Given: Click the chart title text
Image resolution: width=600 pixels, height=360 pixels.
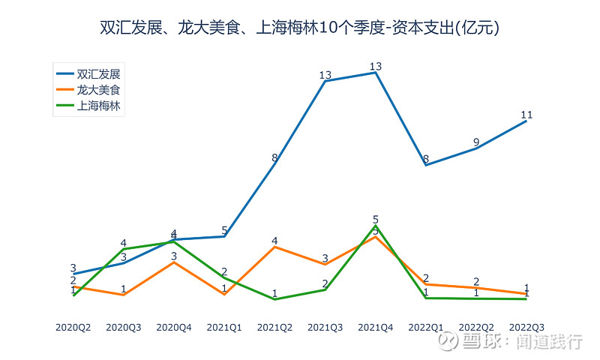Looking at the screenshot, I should click(x=300, y=28).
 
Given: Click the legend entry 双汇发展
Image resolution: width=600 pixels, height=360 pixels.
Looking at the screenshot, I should click(x=98, y=73).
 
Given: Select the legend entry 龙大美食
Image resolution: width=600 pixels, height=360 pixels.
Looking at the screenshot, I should click(x=98, y=89).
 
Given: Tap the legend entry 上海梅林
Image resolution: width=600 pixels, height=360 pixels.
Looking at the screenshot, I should click(x=98, y=105).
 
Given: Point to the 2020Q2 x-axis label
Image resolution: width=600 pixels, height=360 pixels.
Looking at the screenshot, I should click(x=73, y=328).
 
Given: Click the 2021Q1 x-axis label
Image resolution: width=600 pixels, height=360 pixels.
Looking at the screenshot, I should click(x=224, y=328).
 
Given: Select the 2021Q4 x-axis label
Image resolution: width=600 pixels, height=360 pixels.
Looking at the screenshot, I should click(x=376, y=328).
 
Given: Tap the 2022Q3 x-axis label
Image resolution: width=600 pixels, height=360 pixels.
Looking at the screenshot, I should click(x=526, y=328).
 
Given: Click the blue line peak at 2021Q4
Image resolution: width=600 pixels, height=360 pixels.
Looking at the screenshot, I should click(x=376, y=73).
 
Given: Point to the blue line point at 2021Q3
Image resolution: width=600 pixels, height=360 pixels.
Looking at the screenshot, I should click(x=325, y=81).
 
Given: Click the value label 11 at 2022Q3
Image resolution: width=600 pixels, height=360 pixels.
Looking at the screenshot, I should click(x=526, y=115).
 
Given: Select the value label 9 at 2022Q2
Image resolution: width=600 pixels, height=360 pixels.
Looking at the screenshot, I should click(x=476, y=142).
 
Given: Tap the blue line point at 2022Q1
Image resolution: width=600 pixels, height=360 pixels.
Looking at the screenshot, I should click(x=426, y=165).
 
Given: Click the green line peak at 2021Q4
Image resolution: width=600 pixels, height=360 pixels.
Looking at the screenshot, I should click(x=376, y=226).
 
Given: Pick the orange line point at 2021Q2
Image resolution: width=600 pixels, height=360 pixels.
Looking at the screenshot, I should click(x=274, y=247).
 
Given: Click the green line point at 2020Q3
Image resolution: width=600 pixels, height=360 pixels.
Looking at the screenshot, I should click(x=124, y=249).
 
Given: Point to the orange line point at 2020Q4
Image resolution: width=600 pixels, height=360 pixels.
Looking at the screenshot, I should click(x=174, y=262).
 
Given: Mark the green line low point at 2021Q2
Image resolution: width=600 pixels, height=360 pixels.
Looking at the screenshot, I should click(x=274, y=299).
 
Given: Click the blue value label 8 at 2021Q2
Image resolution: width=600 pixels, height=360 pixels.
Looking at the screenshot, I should click(x=274, y=158).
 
